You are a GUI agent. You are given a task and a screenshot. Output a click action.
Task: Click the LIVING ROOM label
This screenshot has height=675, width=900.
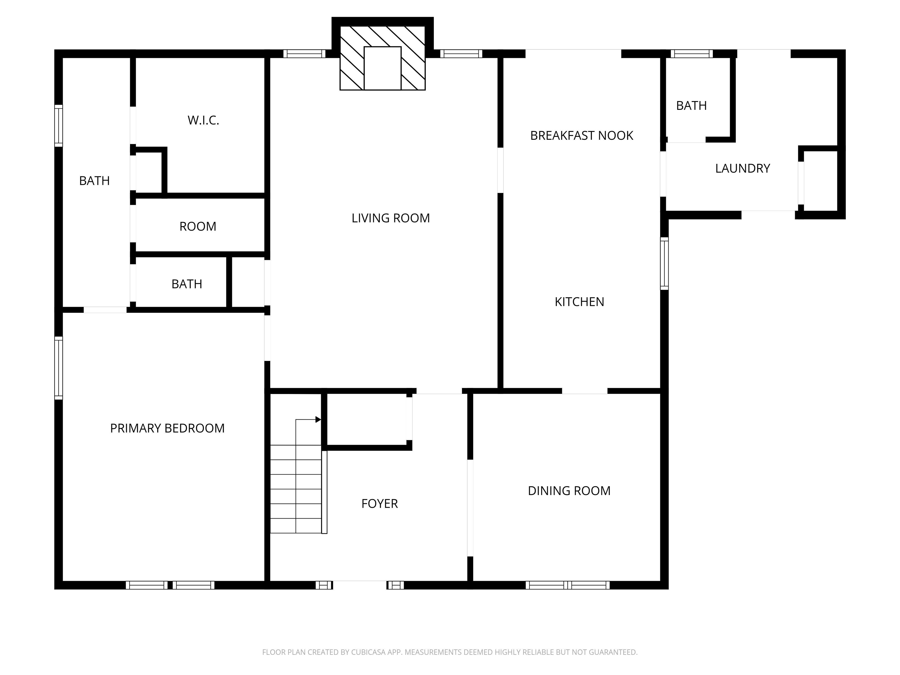pos(390,218)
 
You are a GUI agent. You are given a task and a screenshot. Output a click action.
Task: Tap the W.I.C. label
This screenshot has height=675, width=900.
pos(203,120)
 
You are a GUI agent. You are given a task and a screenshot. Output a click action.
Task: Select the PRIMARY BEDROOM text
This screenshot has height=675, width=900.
pos(167,428)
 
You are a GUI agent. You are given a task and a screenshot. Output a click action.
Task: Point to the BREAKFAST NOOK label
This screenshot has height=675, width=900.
pos(582,135)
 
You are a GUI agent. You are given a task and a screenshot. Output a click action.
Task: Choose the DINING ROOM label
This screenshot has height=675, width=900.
pos(569,491)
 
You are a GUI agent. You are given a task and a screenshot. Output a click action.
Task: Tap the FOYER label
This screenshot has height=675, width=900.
pos(379,504)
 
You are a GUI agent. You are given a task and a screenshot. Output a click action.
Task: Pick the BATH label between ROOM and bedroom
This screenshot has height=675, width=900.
pos(187,284)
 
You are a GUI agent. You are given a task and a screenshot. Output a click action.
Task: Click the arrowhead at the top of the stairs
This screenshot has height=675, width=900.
pos(318,420)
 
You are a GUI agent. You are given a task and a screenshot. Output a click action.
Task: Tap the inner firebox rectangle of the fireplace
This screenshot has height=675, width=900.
pos(382,68)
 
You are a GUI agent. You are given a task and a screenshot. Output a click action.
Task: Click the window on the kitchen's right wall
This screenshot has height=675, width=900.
pos(664,263)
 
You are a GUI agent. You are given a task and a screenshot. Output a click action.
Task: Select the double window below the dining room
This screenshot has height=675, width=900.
pos(567,585)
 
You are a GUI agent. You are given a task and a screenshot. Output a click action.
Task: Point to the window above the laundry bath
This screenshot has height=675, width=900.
pos(691,54)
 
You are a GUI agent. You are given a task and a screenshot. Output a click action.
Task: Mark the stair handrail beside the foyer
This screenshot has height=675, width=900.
pos(324,492)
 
